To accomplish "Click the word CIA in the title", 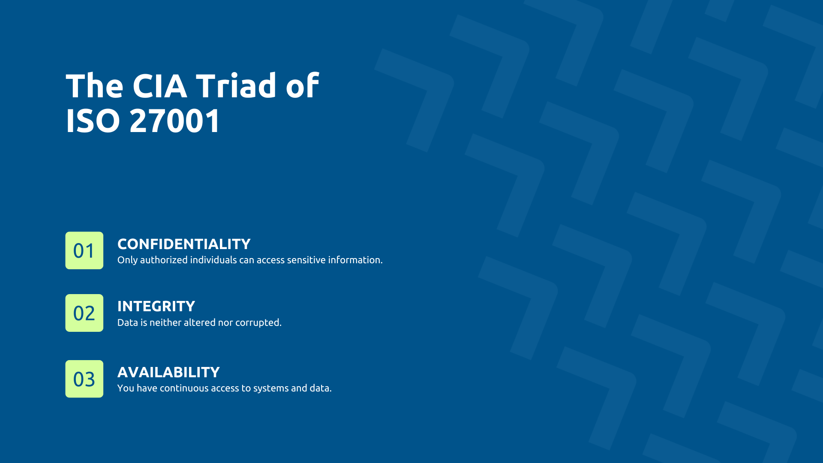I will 159,86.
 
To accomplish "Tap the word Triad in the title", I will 236,86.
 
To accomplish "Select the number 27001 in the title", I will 175,121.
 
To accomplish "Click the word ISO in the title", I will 93,121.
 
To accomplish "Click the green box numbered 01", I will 84,250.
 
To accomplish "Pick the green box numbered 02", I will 84,313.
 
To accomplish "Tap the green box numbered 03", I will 84,379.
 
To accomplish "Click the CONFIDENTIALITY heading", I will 184,244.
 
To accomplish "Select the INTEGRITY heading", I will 156,306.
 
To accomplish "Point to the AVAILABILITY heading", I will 168,372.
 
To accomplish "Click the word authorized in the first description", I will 164,260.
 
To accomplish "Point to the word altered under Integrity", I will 199,322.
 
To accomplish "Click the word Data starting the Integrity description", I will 128,322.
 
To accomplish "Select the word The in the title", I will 95,86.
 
